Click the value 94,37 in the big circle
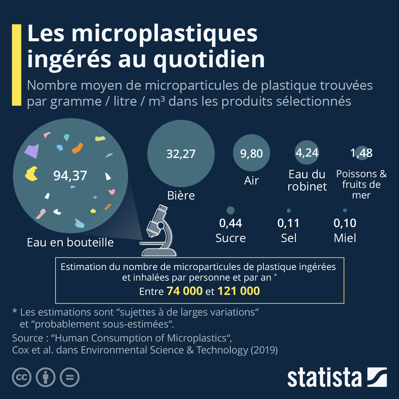click(x=70, y=176)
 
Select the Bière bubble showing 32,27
click(x=181, y=154)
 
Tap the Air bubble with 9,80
click(x=251, y=153)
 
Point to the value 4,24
click(x=307, y=153)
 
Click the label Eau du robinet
click(x=307, y=180)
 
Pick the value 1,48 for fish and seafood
click(x=361, y=153)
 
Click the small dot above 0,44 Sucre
click(x=230, y=210)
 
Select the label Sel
click(x=289, y=238)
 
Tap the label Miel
click(x=345, y=238)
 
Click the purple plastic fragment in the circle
click(x=32, y=151)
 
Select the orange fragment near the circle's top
click(x=77, y=148)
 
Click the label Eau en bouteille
click(x=70, y=242)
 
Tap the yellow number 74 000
click(x=185, y=291)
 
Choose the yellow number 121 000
click(x=238, y=291)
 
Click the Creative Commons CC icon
click(x=22, y=377)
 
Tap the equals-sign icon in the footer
click(x=69, y=377)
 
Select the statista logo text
click(x=324, y=378)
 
